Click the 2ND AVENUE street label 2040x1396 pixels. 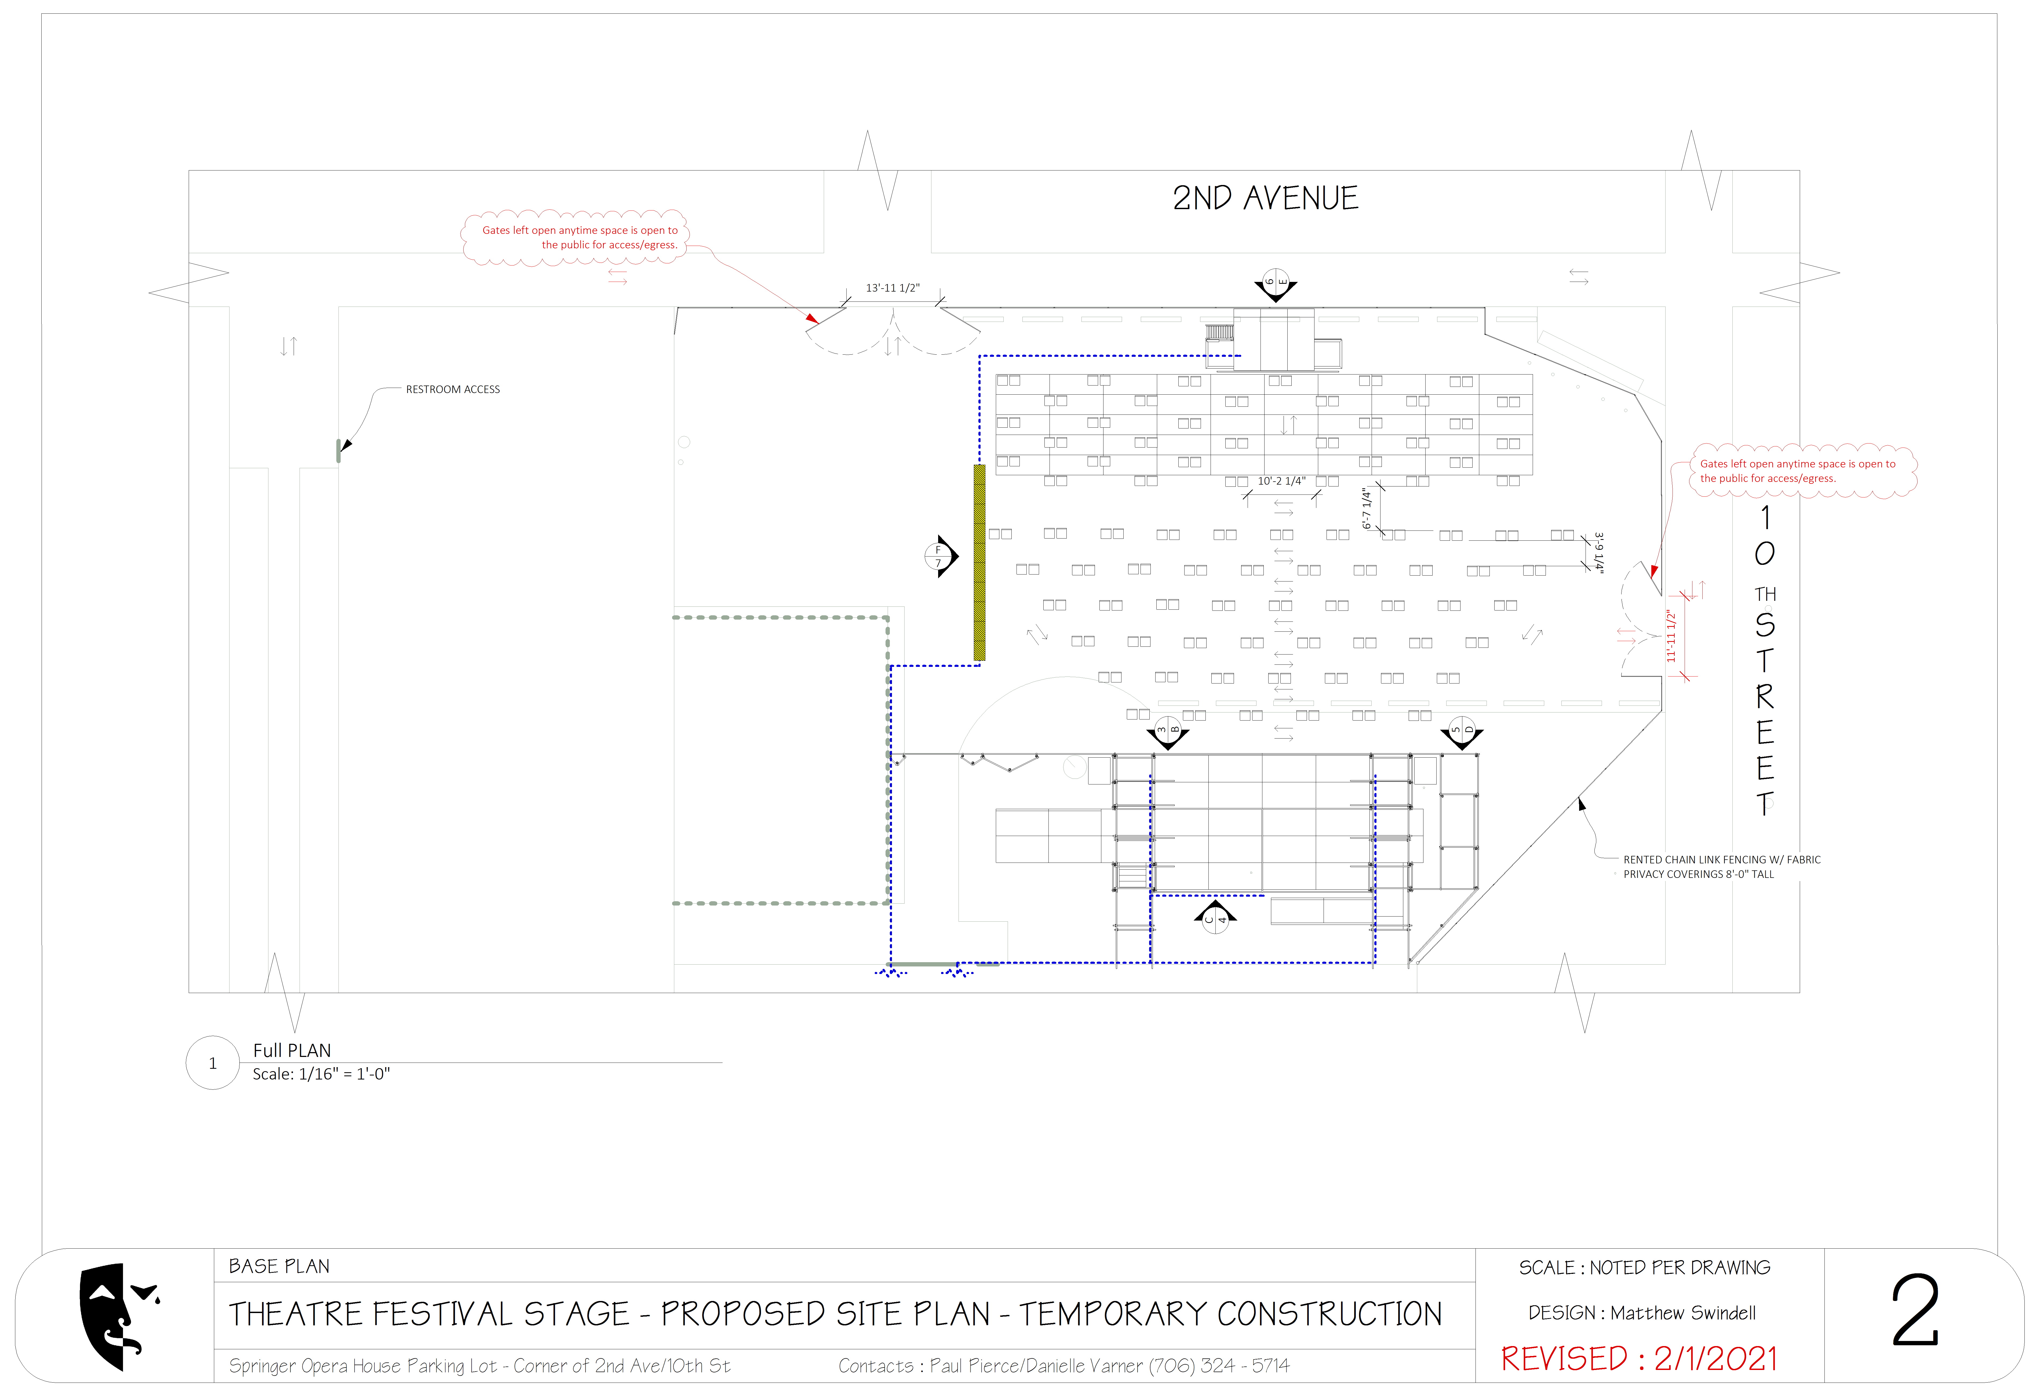(x=1265, y=198)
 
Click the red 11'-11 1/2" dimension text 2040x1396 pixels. (x=1671, y=636)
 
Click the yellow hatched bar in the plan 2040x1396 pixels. (x=980, y=562)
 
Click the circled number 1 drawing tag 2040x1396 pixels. (x=212, y=1063)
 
